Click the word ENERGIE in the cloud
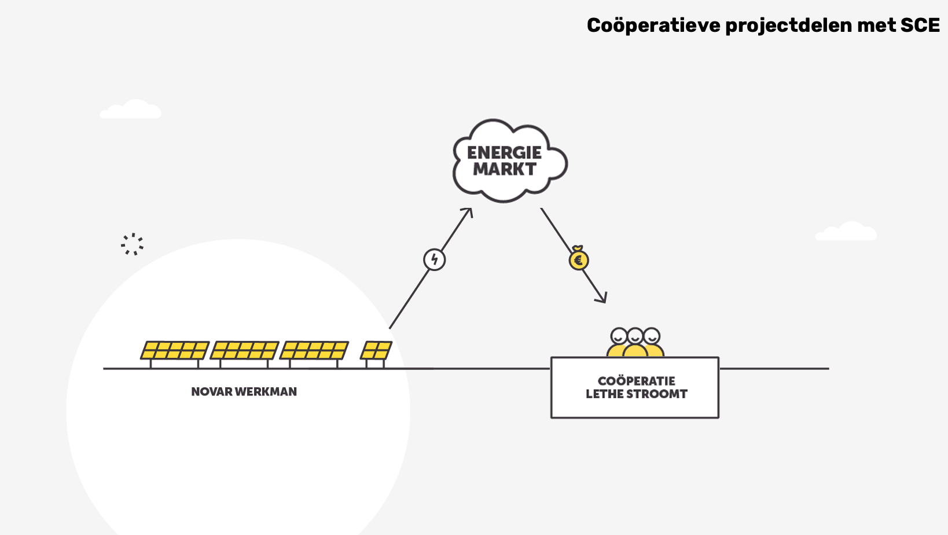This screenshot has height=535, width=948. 504,152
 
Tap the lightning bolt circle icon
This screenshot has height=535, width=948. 434,259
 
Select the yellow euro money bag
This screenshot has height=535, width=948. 578,259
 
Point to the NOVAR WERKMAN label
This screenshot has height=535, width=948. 244,392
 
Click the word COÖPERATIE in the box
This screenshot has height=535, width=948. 636,381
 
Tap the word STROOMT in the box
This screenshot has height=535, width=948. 660,394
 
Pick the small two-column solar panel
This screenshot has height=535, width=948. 376,350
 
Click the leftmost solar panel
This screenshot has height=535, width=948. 175,350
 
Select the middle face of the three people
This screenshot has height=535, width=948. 635,336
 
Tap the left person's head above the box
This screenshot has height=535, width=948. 619,336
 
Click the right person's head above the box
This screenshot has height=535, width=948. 652,336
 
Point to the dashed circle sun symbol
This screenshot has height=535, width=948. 133,244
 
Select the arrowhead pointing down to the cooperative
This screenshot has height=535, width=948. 602,298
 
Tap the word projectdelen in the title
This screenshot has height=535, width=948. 788,25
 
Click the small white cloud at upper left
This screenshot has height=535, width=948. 131,109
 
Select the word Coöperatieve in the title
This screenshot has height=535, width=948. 653,25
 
